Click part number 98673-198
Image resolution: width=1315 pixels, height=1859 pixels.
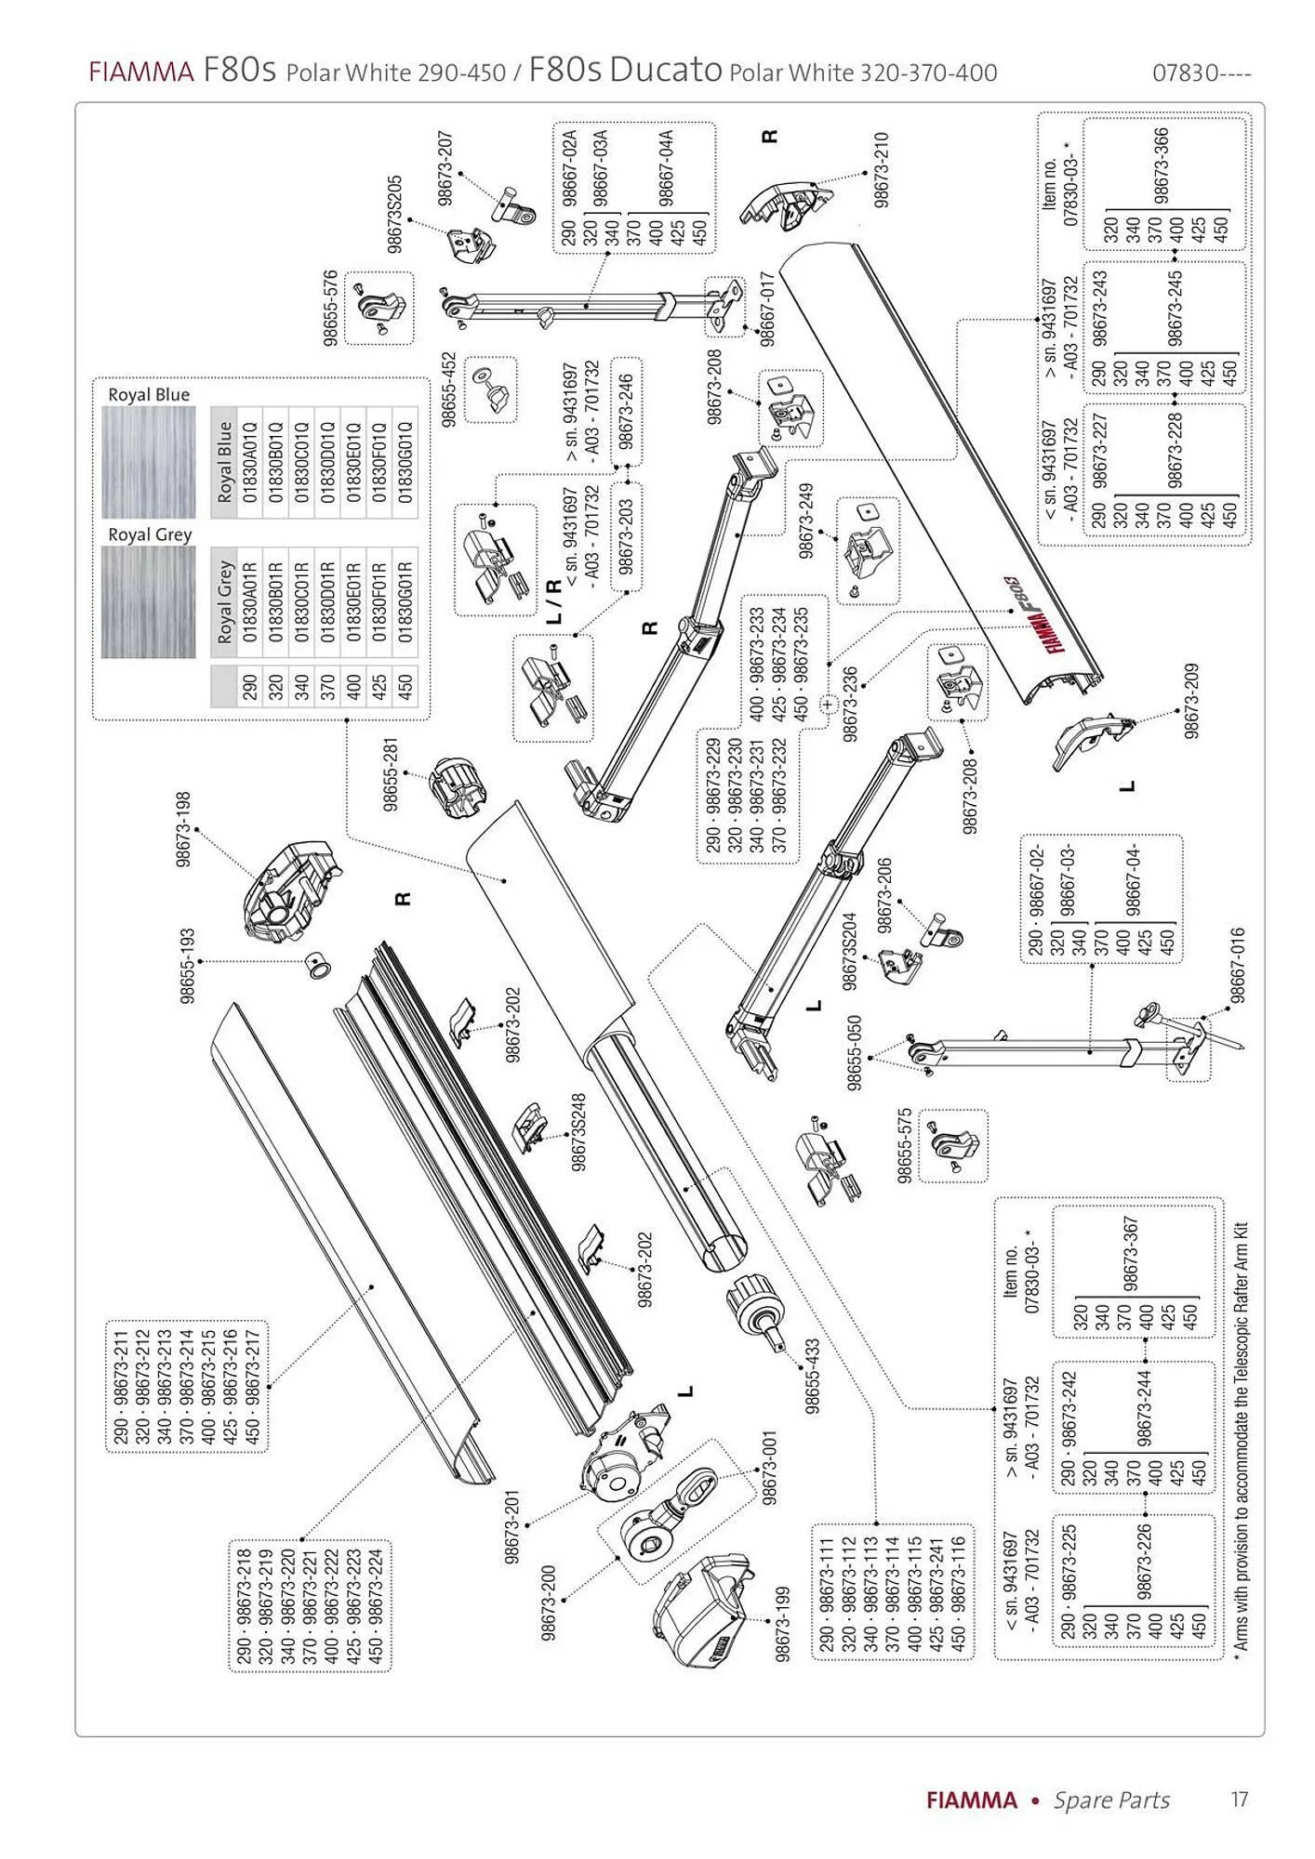tap(183, 830)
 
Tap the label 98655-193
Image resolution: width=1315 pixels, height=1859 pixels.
tap(188, 966)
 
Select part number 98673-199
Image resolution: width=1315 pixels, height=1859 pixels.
tap(783, 1625)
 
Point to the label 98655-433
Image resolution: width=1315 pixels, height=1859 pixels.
tap(812, 1377)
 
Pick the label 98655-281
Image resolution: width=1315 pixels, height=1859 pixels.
tap(391, 775)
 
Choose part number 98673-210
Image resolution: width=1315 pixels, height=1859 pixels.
tap(883, 169)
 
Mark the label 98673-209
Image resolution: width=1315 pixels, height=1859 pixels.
tap(1191, 701)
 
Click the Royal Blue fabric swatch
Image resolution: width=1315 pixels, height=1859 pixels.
tap(148, 463)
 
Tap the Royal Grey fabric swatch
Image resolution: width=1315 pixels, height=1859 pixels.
tap(148, 602)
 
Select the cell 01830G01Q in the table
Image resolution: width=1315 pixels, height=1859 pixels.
tap(405, 462)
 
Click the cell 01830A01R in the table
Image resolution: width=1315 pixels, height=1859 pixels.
tap(249, 601)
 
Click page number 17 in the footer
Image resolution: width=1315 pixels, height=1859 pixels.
tap(1239, 1800)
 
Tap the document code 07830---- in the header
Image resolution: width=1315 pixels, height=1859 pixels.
tap(1202, 73)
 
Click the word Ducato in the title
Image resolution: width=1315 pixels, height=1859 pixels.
tap(665, 71)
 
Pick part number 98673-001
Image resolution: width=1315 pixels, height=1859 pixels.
tap(769, 1470)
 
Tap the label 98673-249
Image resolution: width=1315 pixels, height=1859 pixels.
tap(805, 520)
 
